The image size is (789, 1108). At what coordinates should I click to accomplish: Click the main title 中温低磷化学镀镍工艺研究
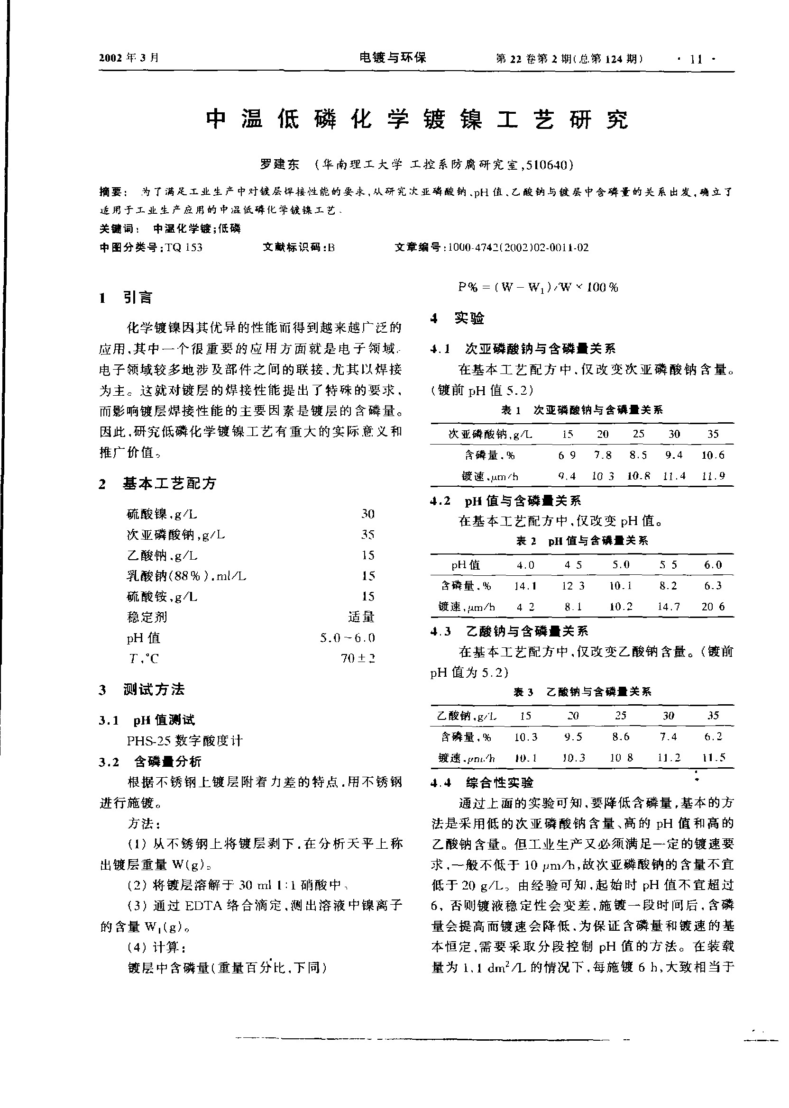click(x=417, y=119)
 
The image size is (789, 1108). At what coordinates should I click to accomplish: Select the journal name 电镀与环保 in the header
click(x=393, y=58)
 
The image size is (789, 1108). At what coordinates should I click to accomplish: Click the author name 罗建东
click(x=279, y=164)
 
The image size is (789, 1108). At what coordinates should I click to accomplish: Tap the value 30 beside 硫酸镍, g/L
click(x=368, y=514)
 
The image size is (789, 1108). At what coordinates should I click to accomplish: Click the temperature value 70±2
click(x=358, y=658)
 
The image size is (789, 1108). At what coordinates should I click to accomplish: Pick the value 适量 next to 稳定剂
click(x=361, y=617)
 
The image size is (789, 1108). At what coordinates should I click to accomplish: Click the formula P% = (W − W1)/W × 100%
click(x=538, y=288)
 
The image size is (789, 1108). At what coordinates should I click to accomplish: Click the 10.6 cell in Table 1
click(x=713, y=455)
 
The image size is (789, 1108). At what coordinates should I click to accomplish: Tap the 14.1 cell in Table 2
click(x=525, y=586)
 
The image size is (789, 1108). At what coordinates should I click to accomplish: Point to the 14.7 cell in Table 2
click(x=669, y=607)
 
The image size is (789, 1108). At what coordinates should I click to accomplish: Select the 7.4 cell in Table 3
click(x=668, y=736)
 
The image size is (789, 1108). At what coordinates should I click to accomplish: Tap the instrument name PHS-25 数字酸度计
click(x=184, y=740)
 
